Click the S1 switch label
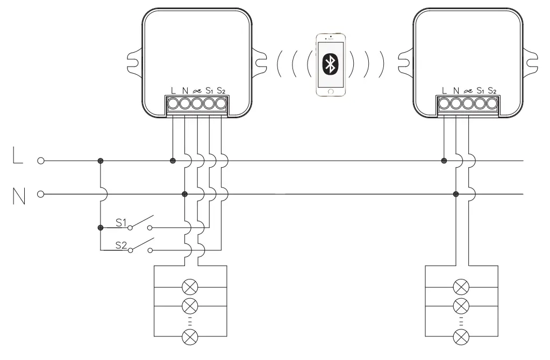tap(122, 221)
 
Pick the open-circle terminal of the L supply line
tap(40, 160)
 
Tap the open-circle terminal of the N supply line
tap(40, 193)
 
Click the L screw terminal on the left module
tap(173, 103)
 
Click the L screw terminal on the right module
tap(444, 103)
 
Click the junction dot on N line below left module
tap(185, 193)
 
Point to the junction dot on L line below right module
tap(444, 160)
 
